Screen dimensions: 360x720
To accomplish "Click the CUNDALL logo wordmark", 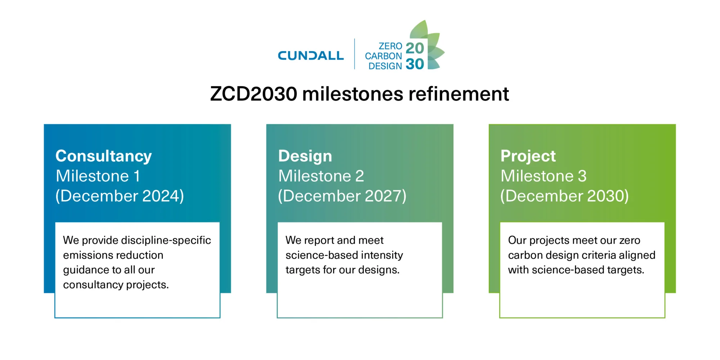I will click(311, 56).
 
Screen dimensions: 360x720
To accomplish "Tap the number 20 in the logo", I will click(415, 48).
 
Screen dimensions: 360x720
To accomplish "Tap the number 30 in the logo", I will click(415, 64).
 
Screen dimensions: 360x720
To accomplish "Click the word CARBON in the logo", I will click(383, 56).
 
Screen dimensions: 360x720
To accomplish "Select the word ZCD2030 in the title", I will click(253, 94).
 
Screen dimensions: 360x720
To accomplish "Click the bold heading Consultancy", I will click(104, 156).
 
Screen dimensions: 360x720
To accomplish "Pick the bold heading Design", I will click(305, 156).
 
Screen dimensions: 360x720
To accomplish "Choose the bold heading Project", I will click(528, 156).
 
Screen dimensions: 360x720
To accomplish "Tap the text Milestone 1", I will click(98, 176).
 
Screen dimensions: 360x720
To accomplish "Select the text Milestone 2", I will click(321, 176).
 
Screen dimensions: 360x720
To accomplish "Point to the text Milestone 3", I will click(543, 176).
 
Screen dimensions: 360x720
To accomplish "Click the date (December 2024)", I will click(120, 196).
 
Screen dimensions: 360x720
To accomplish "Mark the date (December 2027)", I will click(342, 196).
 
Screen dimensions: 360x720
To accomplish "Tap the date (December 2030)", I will click(564, 196).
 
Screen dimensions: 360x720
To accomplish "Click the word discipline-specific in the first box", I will click(166, 240).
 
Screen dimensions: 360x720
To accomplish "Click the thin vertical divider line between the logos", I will click(355, 54).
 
